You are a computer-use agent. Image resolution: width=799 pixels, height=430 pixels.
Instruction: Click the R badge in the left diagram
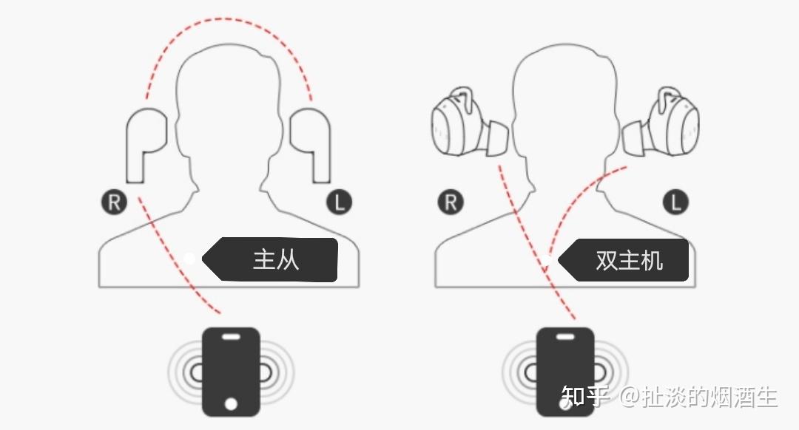114,202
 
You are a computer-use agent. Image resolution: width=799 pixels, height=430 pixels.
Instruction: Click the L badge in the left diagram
340,202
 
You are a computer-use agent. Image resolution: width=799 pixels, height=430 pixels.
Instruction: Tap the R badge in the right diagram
451,202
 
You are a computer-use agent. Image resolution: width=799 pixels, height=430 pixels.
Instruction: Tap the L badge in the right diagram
675,202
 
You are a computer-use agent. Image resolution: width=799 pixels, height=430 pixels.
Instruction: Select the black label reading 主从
270,259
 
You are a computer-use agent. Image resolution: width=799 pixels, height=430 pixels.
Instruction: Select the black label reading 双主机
624,260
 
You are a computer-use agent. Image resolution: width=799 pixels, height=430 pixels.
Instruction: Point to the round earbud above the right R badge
469,122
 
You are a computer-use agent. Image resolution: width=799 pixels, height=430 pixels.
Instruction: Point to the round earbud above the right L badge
661,122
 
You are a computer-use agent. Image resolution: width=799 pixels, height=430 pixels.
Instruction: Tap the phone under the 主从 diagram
232,372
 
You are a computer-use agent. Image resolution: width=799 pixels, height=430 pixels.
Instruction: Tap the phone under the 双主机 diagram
566,372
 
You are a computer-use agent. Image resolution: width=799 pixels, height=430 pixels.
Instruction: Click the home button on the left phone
231,404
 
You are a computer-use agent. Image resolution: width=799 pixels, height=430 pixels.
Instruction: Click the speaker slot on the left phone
232,336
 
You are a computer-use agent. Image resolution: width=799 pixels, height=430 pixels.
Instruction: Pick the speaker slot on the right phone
565,336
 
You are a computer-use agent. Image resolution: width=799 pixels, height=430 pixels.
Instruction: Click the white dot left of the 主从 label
189,259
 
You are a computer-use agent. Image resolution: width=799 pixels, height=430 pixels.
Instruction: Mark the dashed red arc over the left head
227,18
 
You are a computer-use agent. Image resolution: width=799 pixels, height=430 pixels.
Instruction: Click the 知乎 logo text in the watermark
585,397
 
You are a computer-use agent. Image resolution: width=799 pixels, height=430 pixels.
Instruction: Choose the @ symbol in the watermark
630,397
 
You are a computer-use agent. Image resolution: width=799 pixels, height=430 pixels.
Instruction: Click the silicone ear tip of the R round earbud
496,137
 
